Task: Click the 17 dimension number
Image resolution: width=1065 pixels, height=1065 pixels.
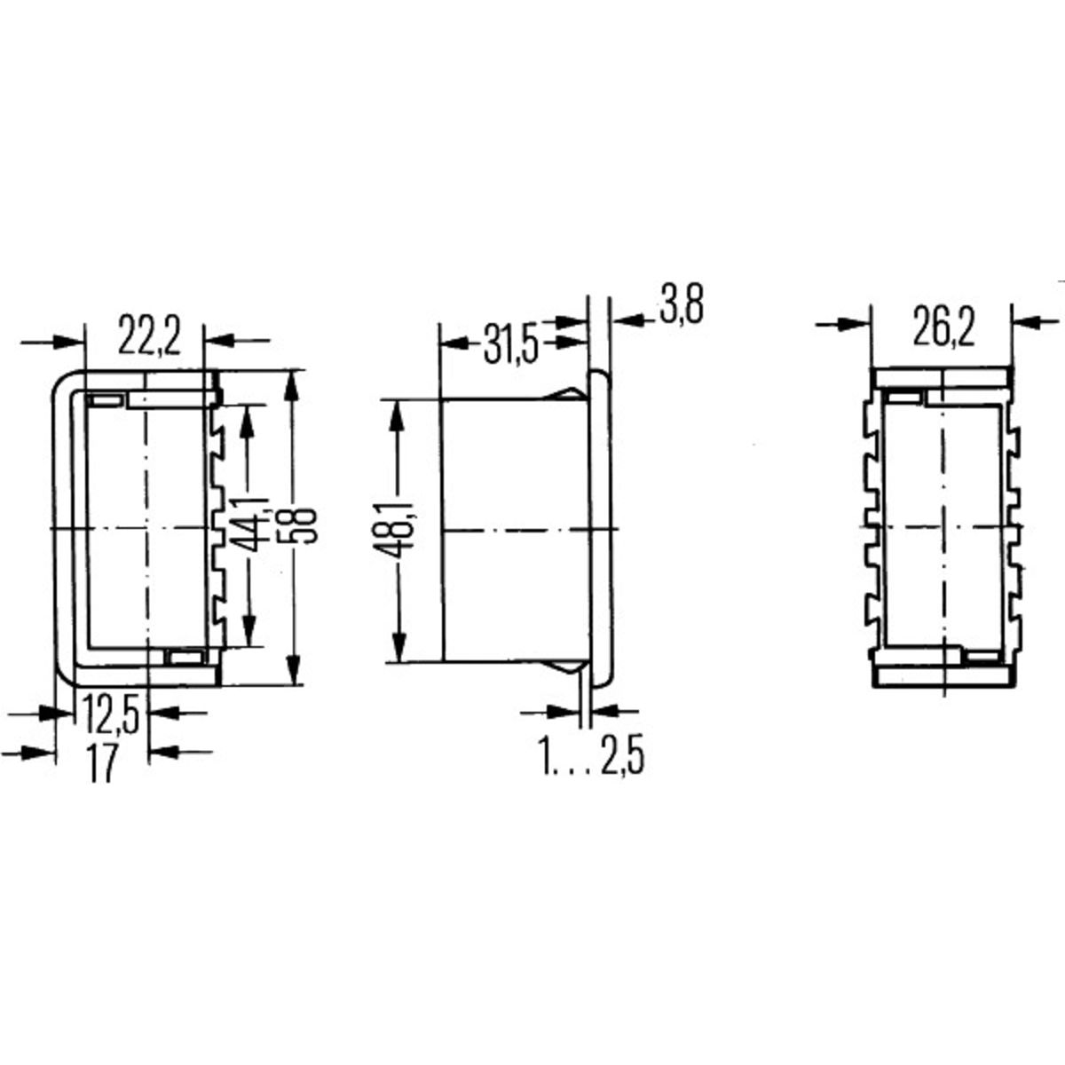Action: pos(103,765)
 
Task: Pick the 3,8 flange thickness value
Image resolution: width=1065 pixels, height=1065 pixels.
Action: pos(682,307)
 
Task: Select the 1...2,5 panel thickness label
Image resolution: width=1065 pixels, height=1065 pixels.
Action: pos(591,759)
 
